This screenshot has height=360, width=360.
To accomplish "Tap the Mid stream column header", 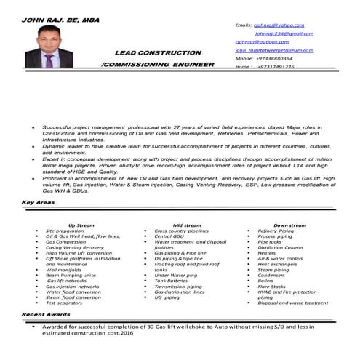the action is click(x=188, y=225).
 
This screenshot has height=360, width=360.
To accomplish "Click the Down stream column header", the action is click(x=290, y=225).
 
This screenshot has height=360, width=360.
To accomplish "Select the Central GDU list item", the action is click(x=169, y=236).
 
